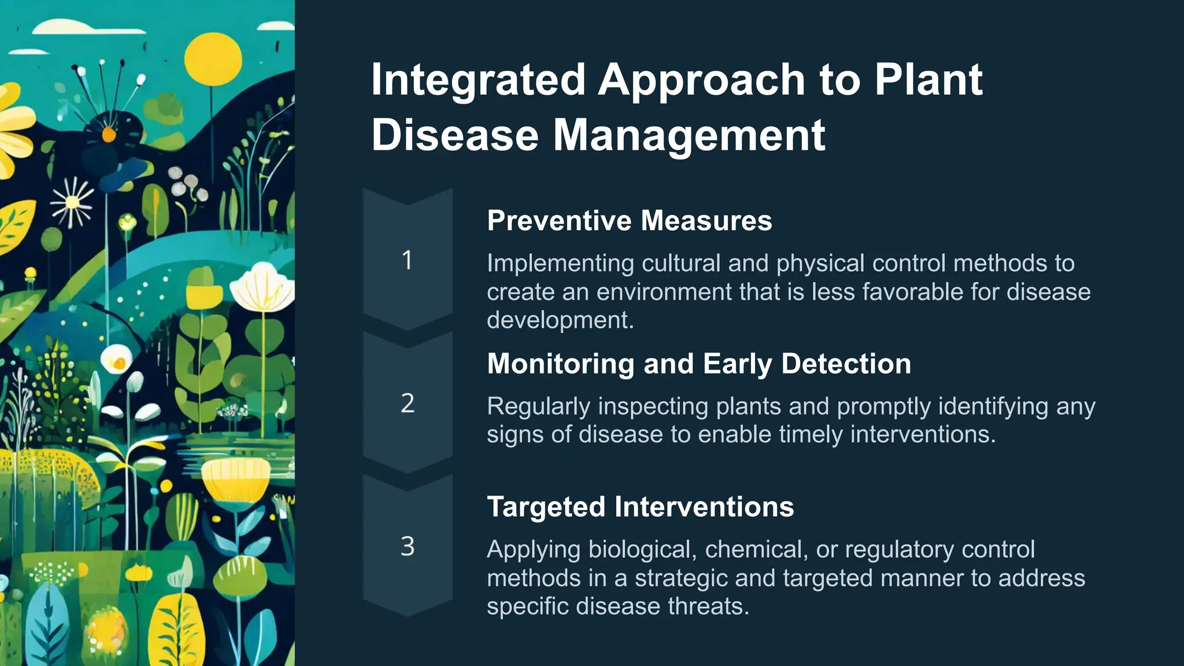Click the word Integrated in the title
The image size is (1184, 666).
click(x=478, y=80)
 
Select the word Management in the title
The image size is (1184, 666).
click(x=689, y=135)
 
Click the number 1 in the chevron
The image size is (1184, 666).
click(x=407, y=260)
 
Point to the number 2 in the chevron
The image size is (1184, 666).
click(x=407, y=403)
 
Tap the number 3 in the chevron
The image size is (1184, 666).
click(x=407, y=546)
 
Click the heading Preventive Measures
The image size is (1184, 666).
click(x=629, y=221)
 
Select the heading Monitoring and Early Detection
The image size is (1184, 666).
click(x=698, y=364)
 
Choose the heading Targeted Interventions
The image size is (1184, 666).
click(x=640, y=507)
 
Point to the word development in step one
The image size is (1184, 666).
click(x=560, y=320)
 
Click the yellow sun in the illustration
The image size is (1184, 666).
click(x=213, y=60)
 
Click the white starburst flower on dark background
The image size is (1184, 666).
click(x=72, y=202)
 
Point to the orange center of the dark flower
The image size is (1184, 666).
click(x=109, y=135)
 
